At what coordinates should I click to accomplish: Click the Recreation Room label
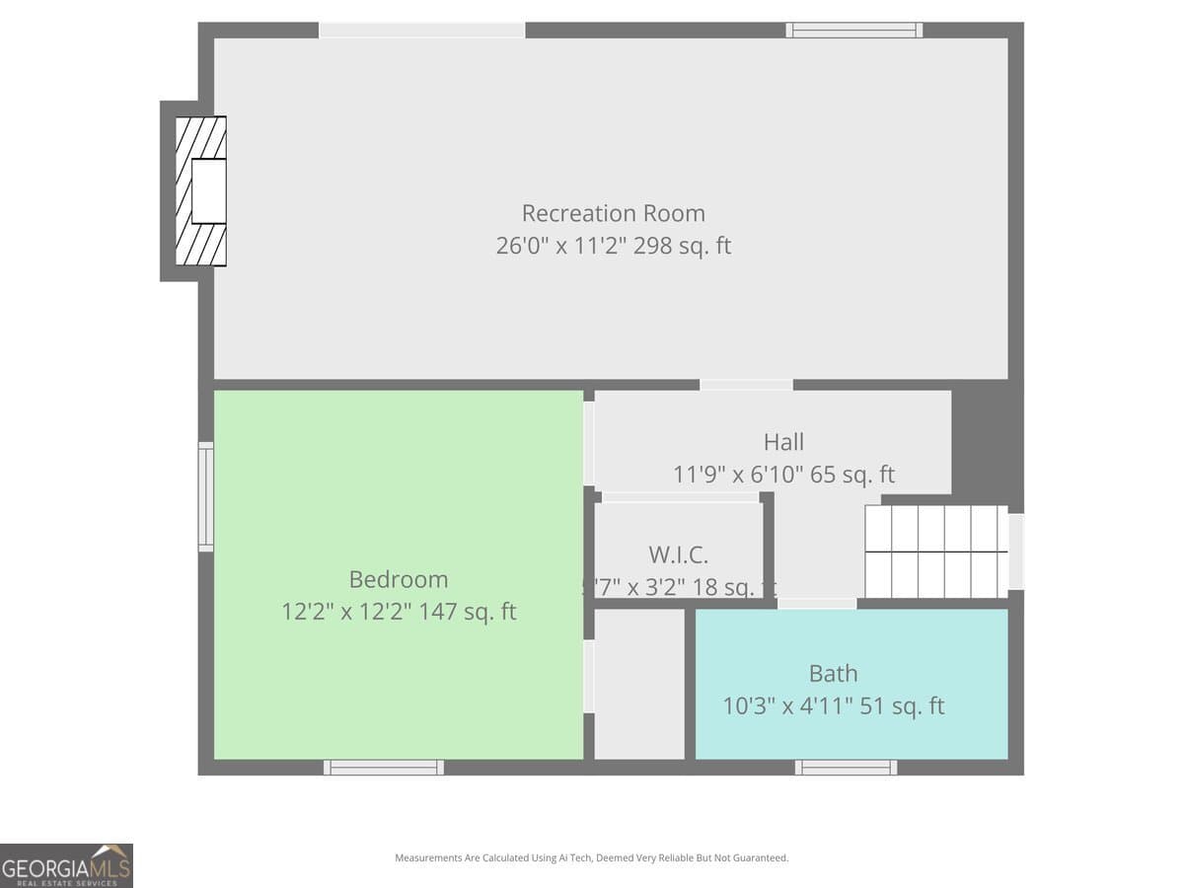[x=613, y=213]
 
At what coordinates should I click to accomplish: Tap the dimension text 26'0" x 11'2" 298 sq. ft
[x=613, y=246]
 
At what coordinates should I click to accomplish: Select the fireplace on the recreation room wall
[x=200, y=190]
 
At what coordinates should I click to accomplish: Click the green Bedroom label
[x=398, y=579]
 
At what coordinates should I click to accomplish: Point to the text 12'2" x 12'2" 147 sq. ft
[x=399, y=612]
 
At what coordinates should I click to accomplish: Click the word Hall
[x=783, y=442]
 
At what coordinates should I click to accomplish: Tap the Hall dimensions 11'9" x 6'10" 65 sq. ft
[x=783, y=475]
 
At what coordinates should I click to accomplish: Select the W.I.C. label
[x=678, y=555]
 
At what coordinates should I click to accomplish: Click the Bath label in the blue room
[x=833, y=674]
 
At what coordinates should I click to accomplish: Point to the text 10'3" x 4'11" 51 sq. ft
[x=833, y=706]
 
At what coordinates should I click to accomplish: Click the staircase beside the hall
[x=935, y=552]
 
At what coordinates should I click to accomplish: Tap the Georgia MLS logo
[x=66, y=865]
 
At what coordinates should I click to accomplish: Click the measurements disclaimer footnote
[x=591, y=858]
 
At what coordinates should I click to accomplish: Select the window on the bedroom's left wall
[x=206, y=496]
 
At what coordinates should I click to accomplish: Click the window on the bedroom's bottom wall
[x=384, y=767]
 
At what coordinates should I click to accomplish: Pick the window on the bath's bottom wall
[x=846, y=767]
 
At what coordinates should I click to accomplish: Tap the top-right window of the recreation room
[x=853, y=31]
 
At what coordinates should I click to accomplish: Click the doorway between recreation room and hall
[x=746, y=385]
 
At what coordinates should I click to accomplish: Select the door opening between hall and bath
[x=816, y=603]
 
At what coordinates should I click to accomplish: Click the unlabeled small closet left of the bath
[x=639, y=684]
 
